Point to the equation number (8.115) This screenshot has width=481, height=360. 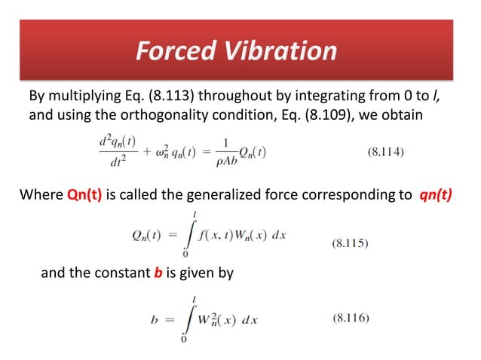(x=351, y=243)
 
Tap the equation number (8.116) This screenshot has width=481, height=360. (x=351, y=318)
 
